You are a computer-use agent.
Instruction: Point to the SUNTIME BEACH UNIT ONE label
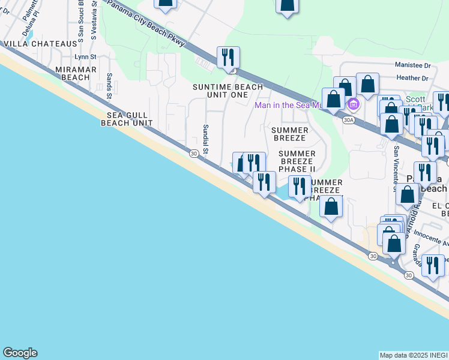pyautogui.click(x=228, y=91)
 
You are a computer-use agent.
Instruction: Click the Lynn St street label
pyautogui.click(x=85, y=57)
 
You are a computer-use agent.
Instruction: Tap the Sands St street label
pyautogui.click(x=109, y=86)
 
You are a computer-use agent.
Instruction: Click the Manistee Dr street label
pyautogui.click(x=412, y=65)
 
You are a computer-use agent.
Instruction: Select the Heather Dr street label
pyautogui.click(x=412, y=78)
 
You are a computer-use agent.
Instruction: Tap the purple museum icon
pyautogui.click(x=354, y=106)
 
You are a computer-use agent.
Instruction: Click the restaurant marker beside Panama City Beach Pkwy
pyautogui.click(x=228, y=57)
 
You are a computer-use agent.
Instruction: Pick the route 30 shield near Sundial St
pyautogui.click(x=193, y=154)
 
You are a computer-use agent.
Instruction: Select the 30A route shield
pyautogui.click(x=348, y=120)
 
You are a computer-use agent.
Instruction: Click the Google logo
pyautogui.click(x=20, y=353)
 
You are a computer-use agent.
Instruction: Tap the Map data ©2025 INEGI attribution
pyautogui.click(x=414, y=355)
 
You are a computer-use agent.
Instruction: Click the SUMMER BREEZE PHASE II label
pyautogui.click(x=296, y=161)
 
